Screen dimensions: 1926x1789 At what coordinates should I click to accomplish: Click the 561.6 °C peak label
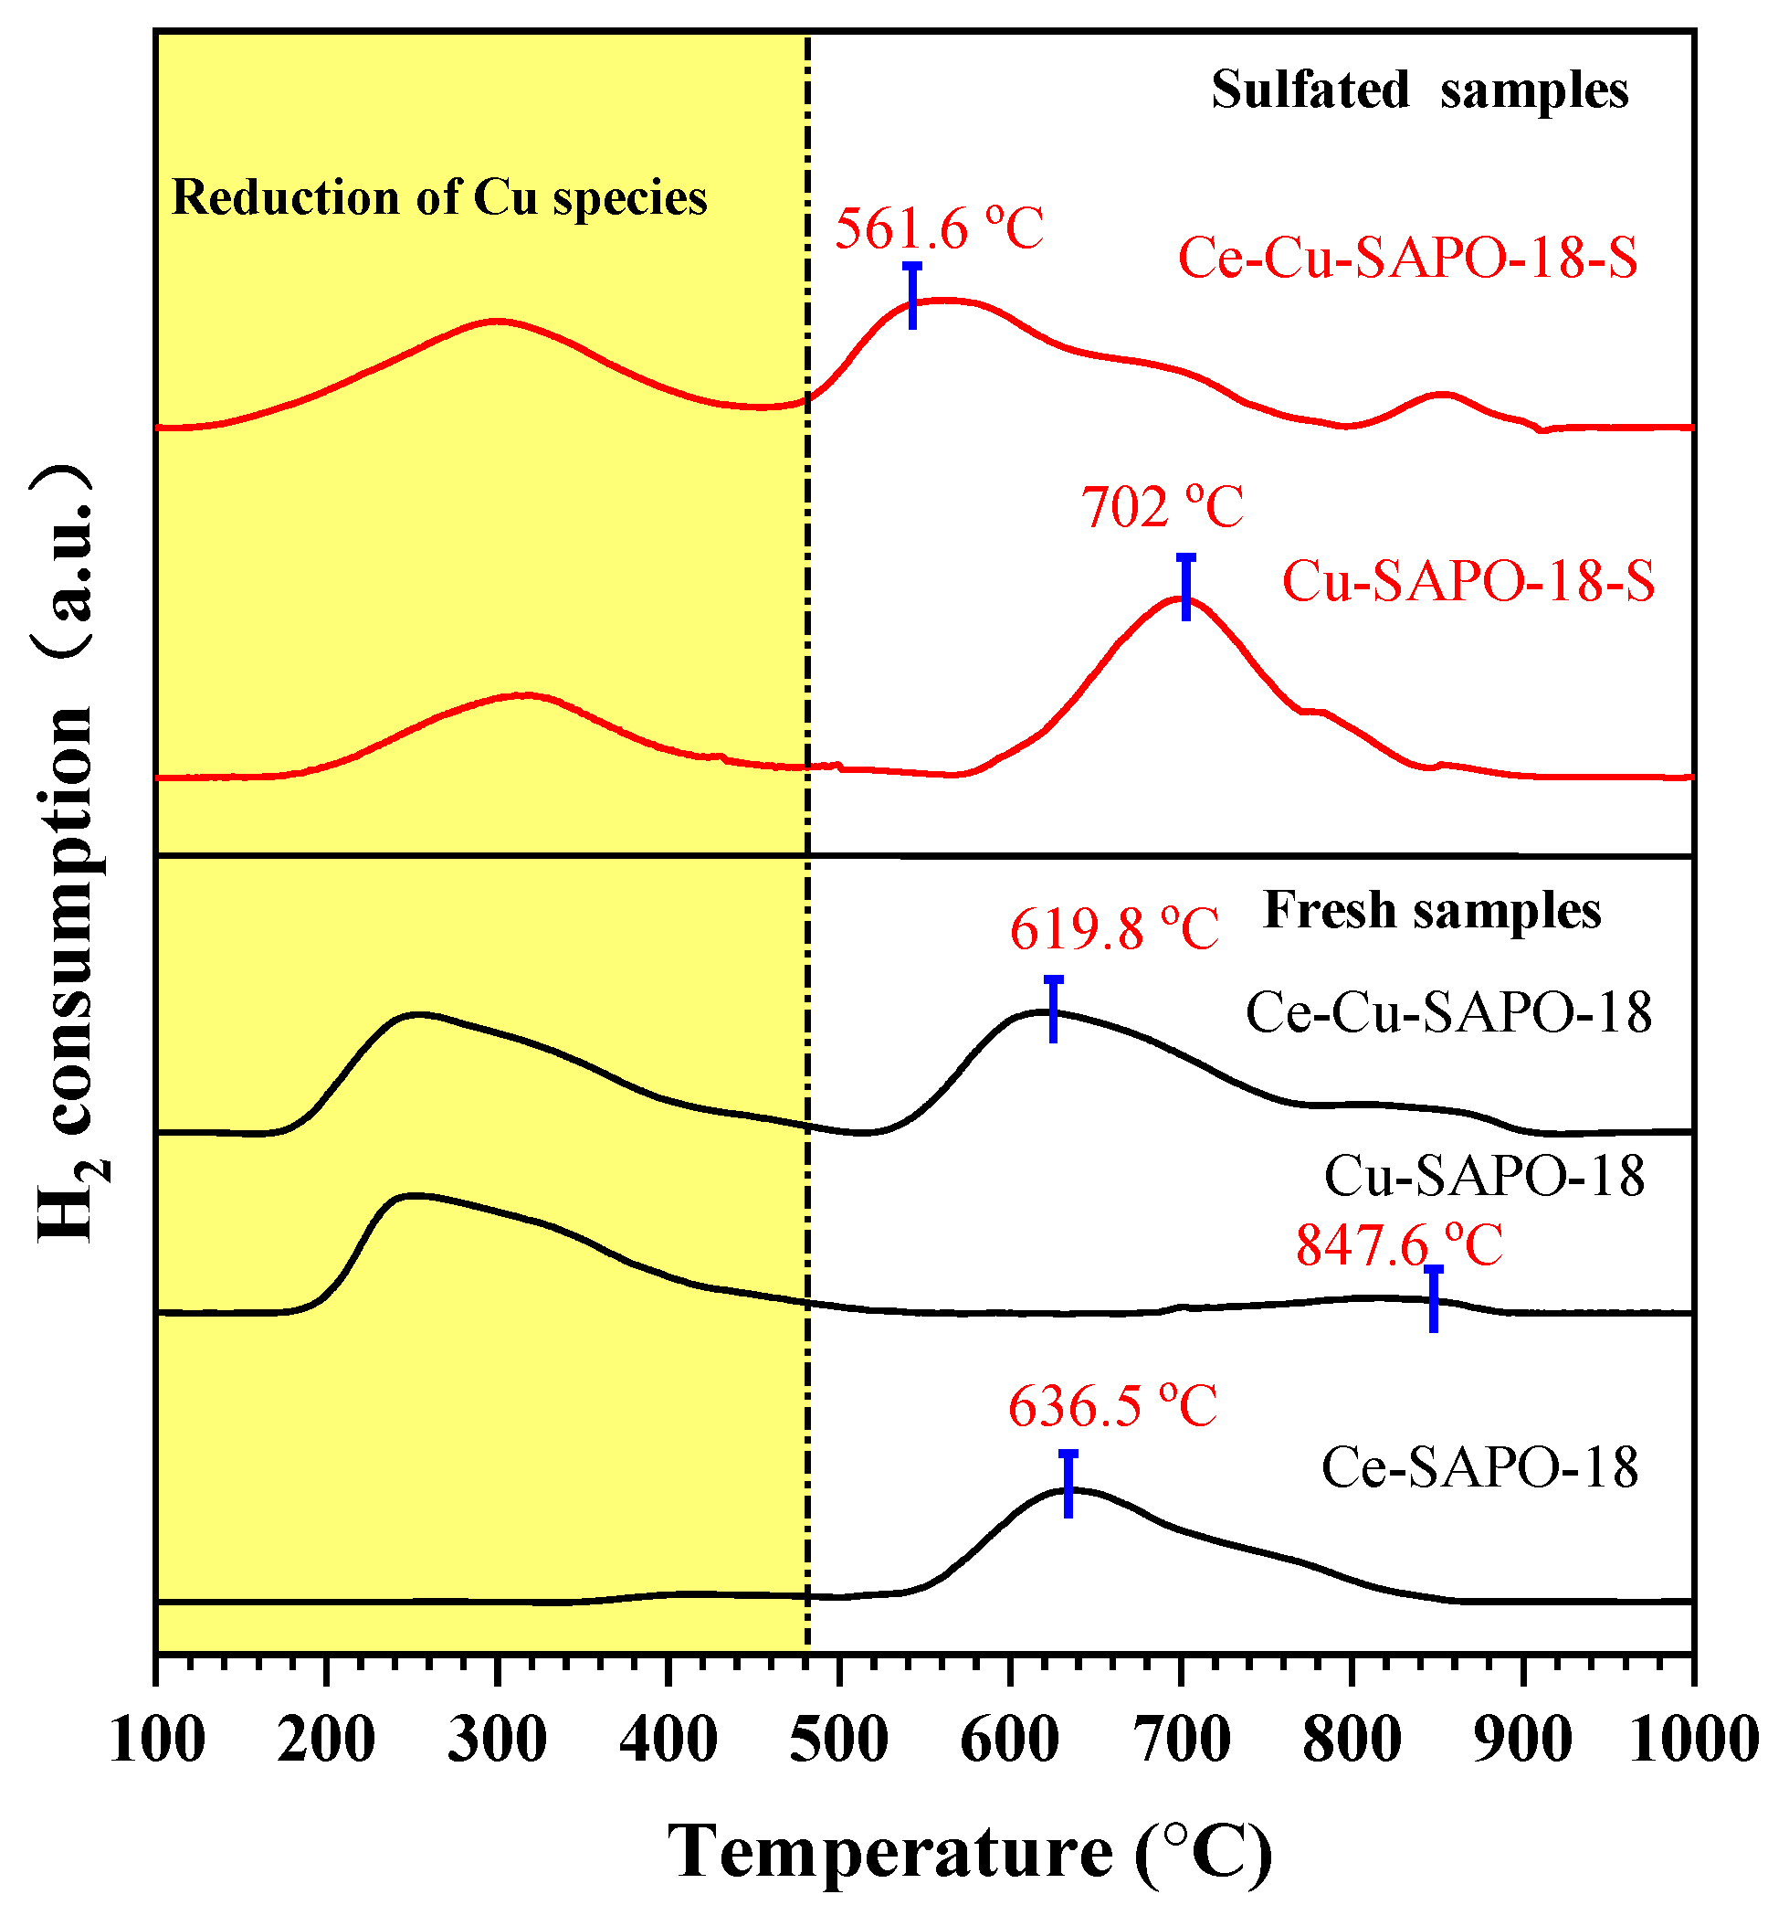click(x=938, y=229)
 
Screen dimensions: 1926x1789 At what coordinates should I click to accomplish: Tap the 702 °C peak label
click(x=1162, y=507)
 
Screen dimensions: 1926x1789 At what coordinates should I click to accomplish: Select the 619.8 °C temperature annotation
click(x=1113, y=930)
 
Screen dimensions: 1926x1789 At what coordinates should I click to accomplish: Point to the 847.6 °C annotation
click(x=1399, y=1245)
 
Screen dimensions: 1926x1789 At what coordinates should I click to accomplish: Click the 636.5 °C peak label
click(x=1112, y=1406)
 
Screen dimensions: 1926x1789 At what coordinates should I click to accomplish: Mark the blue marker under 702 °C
click(x=1185, y=587)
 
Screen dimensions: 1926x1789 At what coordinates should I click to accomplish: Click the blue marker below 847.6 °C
click(x=1433, y=1298)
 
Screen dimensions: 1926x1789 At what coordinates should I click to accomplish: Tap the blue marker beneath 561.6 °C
click(x=912, y=295)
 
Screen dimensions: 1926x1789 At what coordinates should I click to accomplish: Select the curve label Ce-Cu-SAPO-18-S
click(x=1407, y=259)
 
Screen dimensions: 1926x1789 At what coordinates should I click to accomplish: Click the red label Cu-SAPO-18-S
click(x=1468, y=582)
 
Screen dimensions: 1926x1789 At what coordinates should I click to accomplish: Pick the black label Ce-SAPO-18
click(x=1479, y=1467)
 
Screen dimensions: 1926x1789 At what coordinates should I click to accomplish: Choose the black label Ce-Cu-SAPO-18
click(x=1448, y=1013)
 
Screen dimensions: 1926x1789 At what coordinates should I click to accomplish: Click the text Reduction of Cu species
click(x=439, y=197)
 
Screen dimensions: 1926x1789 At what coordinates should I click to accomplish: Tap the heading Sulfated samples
click(x=1419, y=90)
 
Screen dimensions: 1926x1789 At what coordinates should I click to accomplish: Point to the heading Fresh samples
click(x=1432, y=910)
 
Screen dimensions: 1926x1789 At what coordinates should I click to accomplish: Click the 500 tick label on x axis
click(x=838, y=1741)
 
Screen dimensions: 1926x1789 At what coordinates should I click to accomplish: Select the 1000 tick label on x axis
click(x=1693, y=1741)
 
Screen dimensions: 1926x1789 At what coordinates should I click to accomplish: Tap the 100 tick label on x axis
click(x=158, y=1741)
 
